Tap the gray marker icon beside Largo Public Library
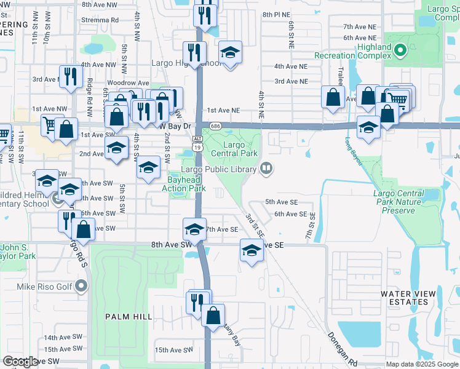tap(266, 168)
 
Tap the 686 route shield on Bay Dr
tap(213, 125)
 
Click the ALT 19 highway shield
tap(197, 144)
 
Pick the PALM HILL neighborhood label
tap(129, 316)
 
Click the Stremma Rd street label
tap(100, 20)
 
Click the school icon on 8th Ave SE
tap(251, 250)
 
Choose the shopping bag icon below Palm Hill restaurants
tap(213, 316)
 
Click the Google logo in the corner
tap(20, 362)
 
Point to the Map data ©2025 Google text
tap(422, 364)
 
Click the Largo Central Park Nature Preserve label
tap(399, 202)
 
